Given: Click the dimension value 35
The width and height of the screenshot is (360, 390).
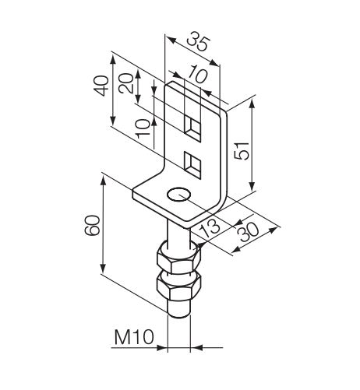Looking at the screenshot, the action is (198, 41).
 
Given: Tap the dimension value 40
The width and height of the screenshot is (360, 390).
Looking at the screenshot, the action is (101, 86).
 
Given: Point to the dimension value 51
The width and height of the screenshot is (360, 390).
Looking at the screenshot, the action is (242, 151).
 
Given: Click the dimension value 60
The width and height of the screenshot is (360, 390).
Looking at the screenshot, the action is (92, 225).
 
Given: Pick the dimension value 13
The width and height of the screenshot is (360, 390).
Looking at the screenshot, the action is (210, 227).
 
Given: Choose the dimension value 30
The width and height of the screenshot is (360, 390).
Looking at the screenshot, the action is (249, 232).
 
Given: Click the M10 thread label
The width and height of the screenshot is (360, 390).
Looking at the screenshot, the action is (134, 337).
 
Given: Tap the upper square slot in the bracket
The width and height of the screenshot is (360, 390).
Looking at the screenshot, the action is (192, 128).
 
